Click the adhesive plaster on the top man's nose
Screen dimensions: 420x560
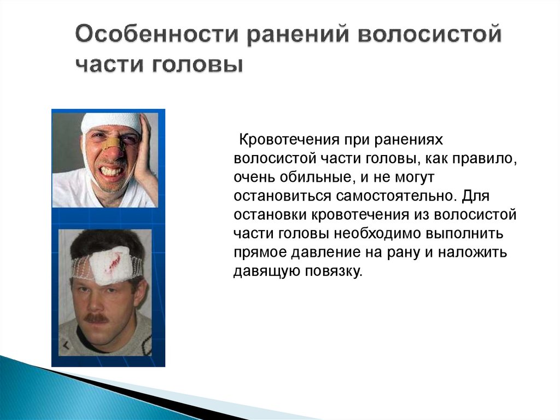click(x=113, y=143)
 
